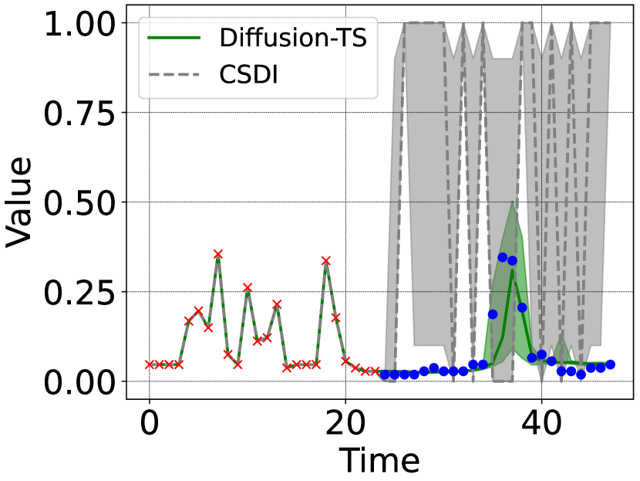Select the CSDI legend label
click(x=248, y=76)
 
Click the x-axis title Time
click(x=379, y=461)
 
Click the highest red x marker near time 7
click(x=218, y=254)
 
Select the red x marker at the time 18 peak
click(x=325, y=261)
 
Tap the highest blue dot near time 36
click(x=502, y=257)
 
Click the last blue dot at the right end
click(x=610, y=364)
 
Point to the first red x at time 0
click(x=150, y=364)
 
